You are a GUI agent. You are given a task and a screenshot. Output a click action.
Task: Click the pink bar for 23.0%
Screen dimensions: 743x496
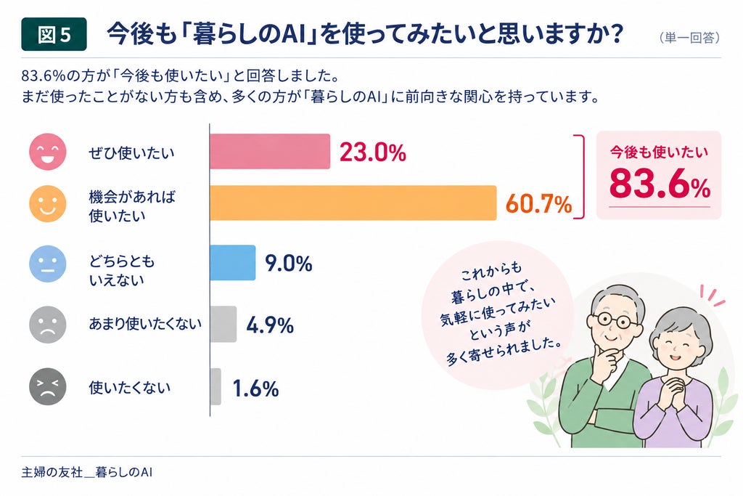click(270, 152)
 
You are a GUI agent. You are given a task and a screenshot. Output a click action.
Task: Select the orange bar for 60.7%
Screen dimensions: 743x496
click(353, 203)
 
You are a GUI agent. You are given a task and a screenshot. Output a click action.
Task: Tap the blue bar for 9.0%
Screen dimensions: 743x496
click(233, 263)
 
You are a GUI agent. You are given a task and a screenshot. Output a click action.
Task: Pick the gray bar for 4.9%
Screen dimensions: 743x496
click(223, 325)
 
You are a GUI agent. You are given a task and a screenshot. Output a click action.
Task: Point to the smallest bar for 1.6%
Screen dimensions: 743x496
click(215, 386)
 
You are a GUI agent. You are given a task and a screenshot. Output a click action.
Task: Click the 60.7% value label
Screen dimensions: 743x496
click(539, 204)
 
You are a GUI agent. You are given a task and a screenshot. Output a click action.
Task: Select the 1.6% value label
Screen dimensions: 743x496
click(255, 389)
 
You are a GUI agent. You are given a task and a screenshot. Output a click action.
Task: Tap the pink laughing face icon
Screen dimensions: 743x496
click(47, 152)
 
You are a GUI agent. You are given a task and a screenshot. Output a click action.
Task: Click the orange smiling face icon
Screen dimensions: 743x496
click(47, 204)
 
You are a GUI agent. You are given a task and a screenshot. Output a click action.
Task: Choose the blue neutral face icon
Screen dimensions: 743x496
click(47, 264)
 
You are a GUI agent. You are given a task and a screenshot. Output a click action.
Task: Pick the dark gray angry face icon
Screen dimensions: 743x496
click(47, 386)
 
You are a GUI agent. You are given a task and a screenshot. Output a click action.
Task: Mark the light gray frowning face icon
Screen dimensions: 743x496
click(47, 325)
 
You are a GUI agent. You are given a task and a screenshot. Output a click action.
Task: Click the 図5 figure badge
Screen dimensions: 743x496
click(54, 34)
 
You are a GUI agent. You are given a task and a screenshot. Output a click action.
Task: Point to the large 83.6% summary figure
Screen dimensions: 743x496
click(660, 184)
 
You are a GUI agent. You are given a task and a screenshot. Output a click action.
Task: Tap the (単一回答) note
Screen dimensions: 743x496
click(690, 38)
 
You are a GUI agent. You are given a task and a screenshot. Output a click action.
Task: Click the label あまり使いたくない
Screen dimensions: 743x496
click(145, 324)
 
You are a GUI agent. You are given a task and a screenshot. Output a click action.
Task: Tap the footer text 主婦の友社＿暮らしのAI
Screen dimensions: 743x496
click(87, 472)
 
